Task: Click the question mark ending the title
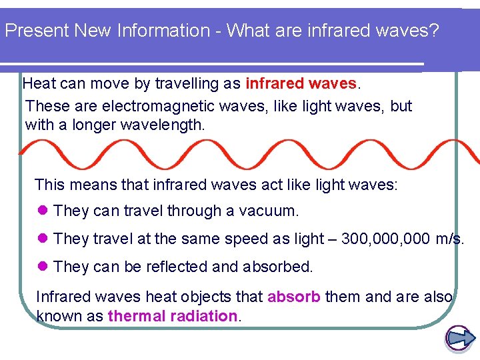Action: pyautogui.click(x=434, y=31)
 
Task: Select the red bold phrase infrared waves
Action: pyautogui.click(x=301, y=84)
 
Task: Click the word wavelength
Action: pyautogui.click(x=161, y=125)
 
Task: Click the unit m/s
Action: pyautogui.click(x=450, y=239)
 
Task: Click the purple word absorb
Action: pyautogui.click(x=295, y=297)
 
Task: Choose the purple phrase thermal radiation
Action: pyautogui.click(x=173, y=316)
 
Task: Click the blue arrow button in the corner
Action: pyautogui.click(x=459, y=339)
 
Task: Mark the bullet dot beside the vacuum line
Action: pyautogui.click(x=44, y=211)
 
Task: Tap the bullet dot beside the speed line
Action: pyautogui.click(x=44, y=239)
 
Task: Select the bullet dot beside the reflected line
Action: pyautogui.click(x=44, y=267)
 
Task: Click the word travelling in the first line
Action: pyautogui.click(x=184, y=84)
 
